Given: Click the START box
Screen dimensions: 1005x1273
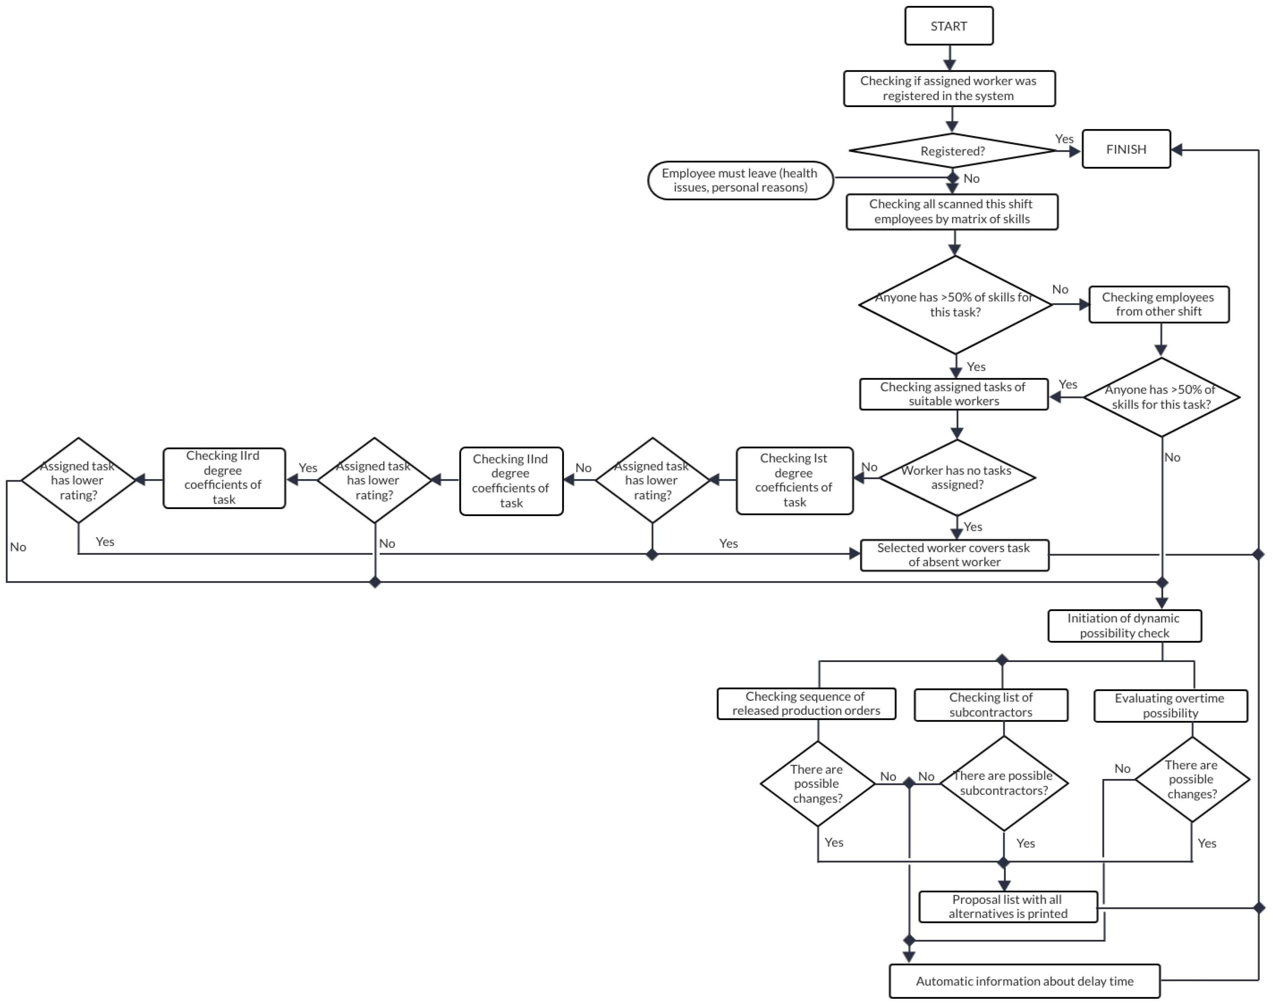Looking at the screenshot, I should click(948, 26).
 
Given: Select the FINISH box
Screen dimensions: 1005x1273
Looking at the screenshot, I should click(1126, 150).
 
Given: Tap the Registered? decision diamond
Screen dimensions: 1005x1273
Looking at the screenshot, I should click(952, 151).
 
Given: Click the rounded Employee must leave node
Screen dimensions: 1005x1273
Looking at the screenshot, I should click(740, 181).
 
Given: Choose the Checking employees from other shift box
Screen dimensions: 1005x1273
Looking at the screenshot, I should click(1158, 304).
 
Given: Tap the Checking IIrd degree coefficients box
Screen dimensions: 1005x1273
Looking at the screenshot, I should click(224, 478).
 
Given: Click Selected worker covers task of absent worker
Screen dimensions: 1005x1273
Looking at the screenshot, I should click(954, 555).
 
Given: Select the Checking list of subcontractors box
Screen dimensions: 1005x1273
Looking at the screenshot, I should click(990, 705).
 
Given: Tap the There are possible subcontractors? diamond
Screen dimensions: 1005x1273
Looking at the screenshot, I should click(1003, 783).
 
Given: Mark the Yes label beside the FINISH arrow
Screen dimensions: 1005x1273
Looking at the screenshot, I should click(1064, 139).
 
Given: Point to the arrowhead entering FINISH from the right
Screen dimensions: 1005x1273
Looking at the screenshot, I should click(1177, 150).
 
